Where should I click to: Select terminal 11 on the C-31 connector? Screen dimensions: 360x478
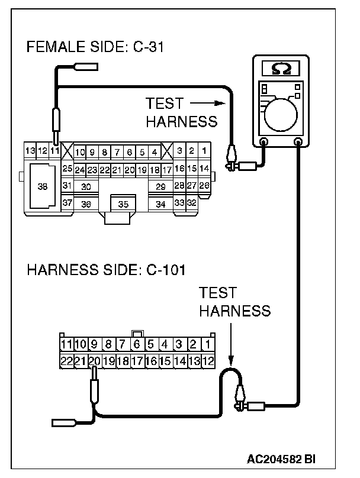[x=54, y=151]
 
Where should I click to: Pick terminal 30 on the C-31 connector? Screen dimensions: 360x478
[x=86, y=186]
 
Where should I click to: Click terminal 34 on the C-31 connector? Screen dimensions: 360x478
[x=160, y=204]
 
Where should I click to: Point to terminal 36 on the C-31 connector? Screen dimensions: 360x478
[x=86, y=204]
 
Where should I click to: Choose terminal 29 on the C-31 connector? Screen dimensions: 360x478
[x=160, y=186]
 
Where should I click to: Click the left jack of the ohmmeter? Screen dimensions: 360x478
[x=264, y=142]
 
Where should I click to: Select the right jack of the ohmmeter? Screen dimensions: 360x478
[x=300, y=142]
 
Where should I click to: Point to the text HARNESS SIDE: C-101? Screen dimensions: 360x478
[x=107, y=272]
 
